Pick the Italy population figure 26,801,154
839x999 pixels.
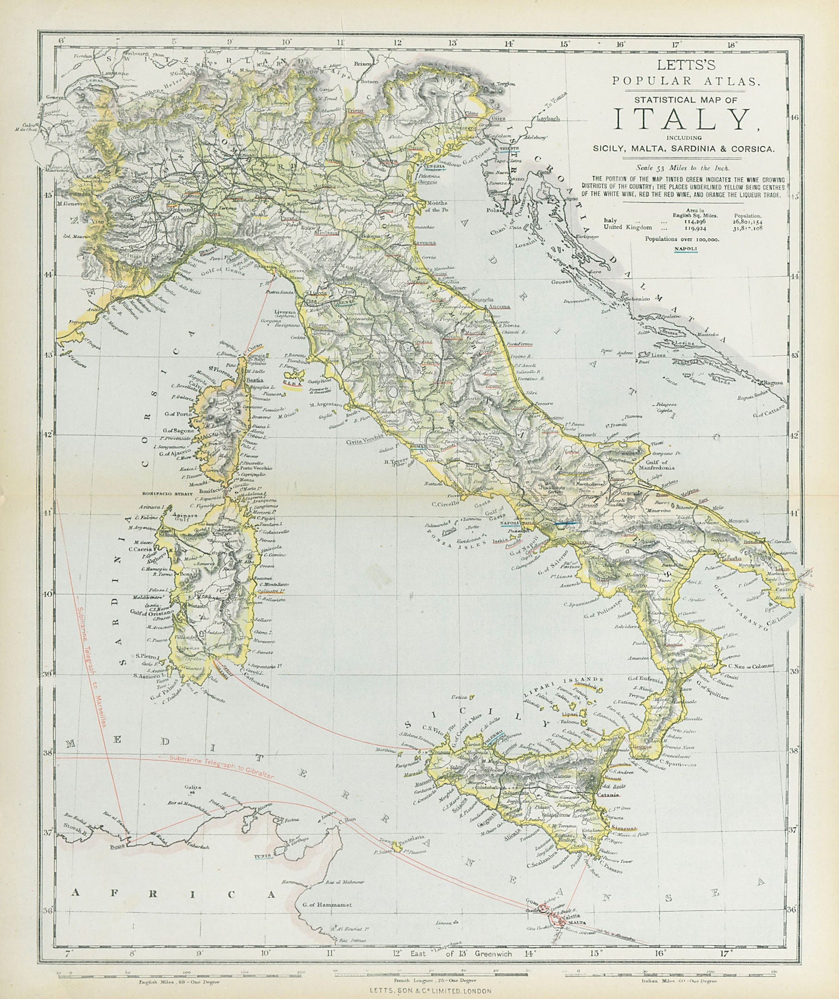[747, 220]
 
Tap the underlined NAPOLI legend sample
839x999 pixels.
[687, 249]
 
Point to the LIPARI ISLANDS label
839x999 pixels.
[573, 680]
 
